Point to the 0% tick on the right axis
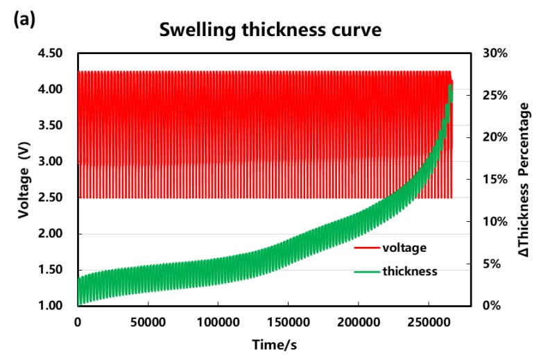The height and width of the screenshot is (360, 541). coord(492,306)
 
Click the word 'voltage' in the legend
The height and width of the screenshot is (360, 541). coord(404,247)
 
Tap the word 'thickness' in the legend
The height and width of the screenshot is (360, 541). coord(410,271)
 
